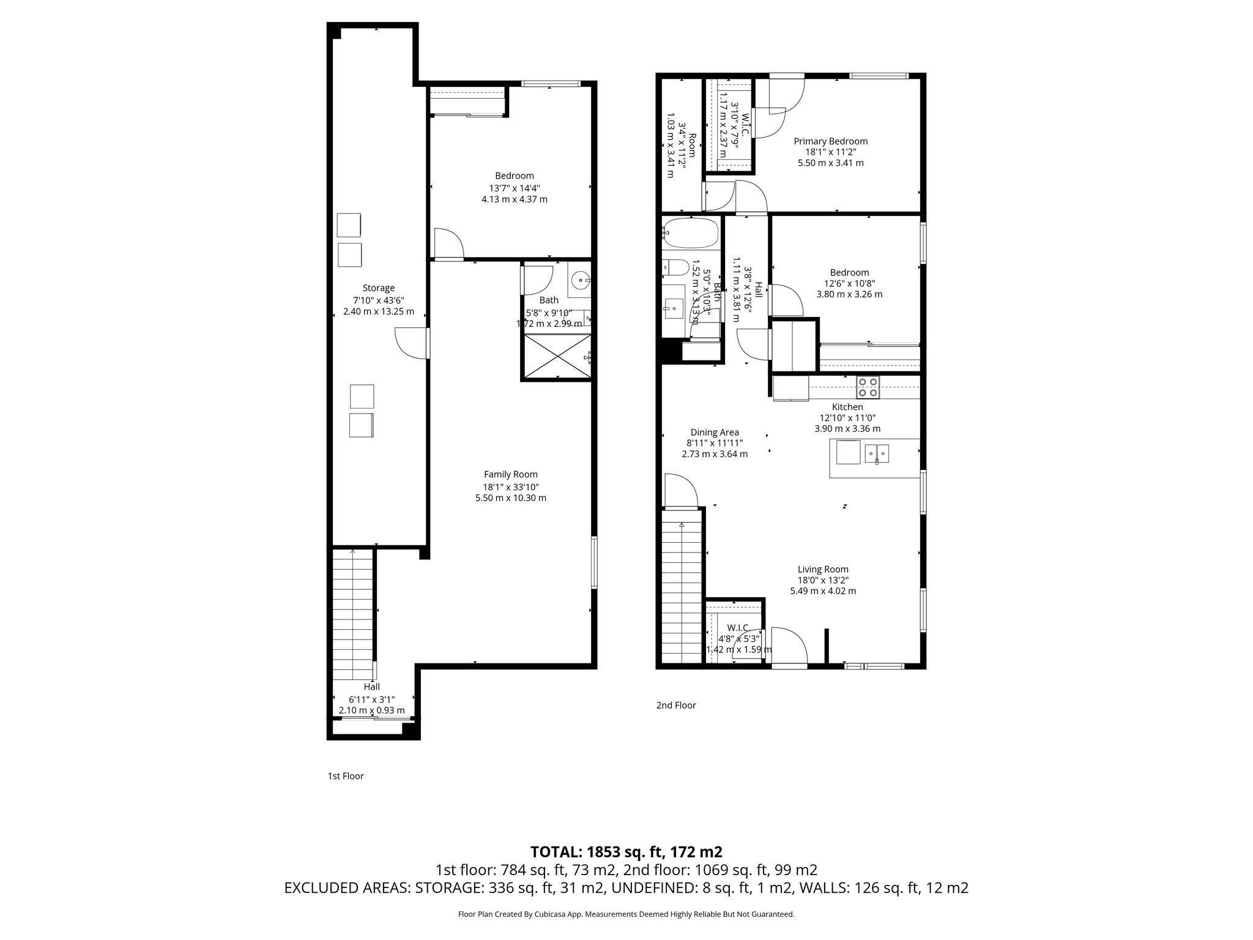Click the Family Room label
click(510, 474)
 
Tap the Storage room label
click(378, 288)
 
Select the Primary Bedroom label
click(830, 141)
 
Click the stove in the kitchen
click(868, 387)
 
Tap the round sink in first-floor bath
click(580, 281)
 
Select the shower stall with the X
click(556, 356)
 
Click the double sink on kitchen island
click(877, 453)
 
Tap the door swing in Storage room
click(411, 343)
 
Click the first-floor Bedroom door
click(449, 244)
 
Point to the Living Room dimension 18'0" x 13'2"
click(822, 580)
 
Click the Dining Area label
click(714, 433)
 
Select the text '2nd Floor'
click(675, 705)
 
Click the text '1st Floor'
click(346, 776)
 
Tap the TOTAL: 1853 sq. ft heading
click(626, 852)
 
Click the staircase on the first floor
click(352, 612)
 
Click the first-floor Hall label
click(371, 687)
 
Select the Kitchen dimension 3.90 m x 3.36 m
click(847, 429)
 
